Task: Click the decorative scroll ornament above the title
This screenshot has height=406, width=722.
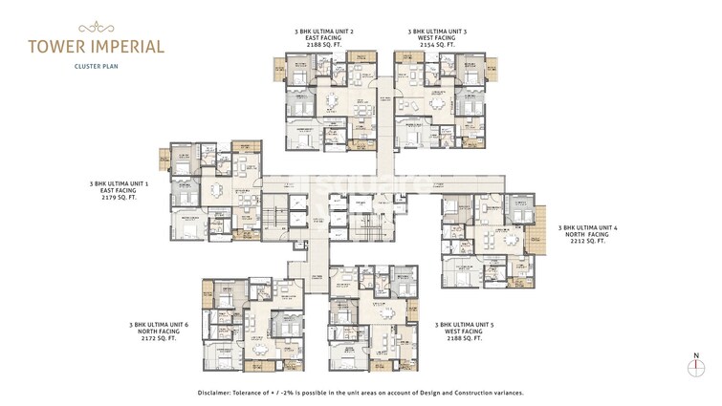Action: coord(95,28)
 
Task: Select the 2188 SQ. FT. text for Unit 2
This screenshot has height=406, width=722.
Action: coord(323,45)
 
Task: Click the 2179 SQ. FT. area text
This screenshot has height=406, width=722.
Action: coord(117,197)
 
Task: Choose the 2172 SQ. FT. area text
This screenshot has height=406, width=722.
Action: coord(159,338)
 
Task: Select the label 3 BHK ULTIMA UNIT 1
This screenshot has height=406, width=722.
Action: coord(117,182)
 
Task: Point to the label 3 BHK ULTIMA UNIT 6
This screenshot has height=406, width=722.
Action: coord(159,324)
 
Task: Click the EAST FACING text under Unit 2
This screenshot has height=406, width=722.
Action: coord(323,38)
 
